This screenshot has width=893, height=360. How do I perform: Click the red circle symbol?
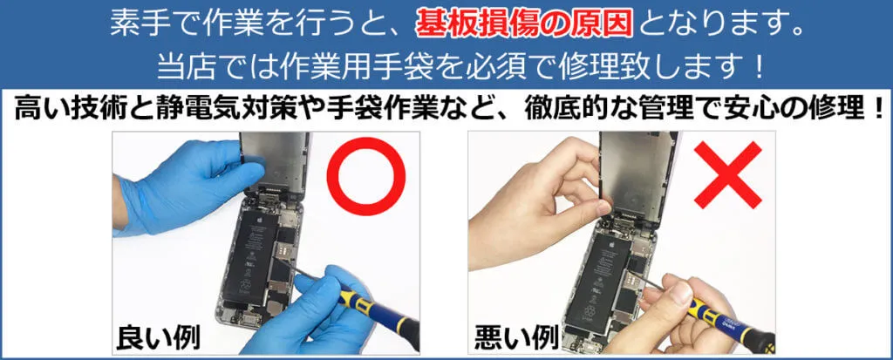(367, 180)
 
